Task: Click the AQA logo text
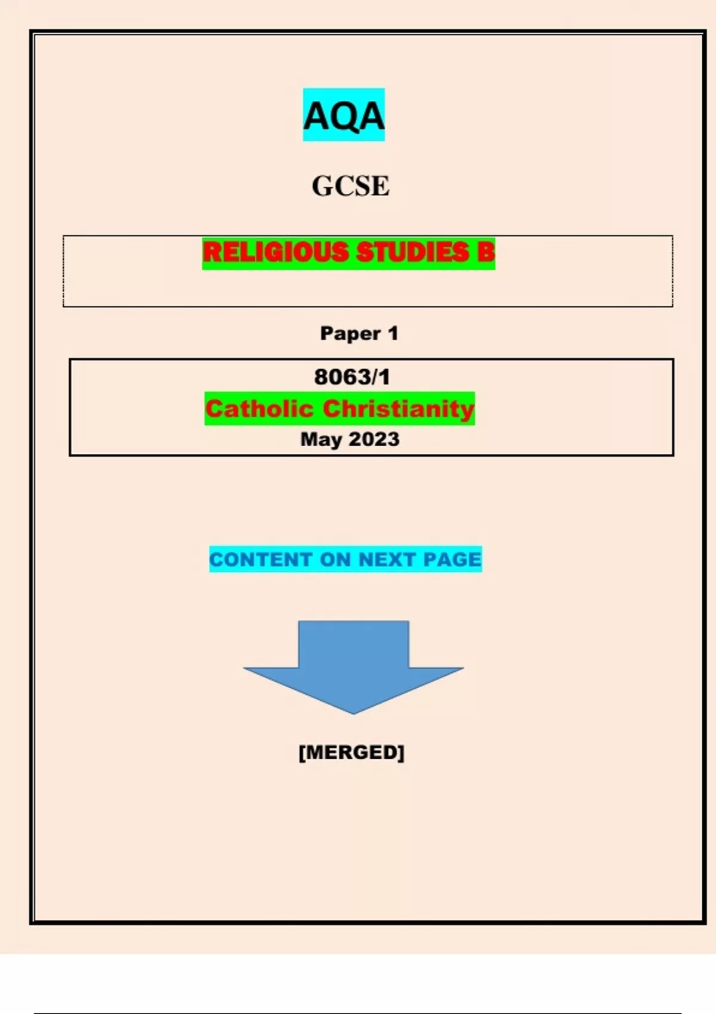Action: tap(344, 116)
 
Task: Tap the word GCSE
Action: tap(350, 186)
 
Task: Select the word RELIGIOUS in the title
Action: tap(276, 252)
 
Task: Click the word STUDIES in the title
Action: tap(412, 252)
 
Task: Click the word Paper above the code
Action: tap(350, 333)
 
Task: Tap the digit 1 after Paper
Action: tap(393, 333)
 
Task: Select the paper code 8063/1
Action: tap(351, 377)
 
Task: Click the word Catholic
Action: tap(259, 409)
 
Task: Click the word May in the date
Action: tap(320, 440)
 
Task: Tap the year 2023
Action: tap(374, 440)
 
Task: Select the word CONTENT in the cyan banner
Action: tap(261, 559)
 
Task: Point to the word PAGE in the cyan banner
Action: tap(452, 559)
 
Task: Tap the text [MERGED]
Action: tap(351, 752)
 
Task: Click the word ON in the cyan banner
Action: tap(335, 559)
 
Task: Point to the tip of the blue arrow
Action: tap(353, 712)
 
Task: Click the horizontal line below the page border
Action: tap(358, 1013)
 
